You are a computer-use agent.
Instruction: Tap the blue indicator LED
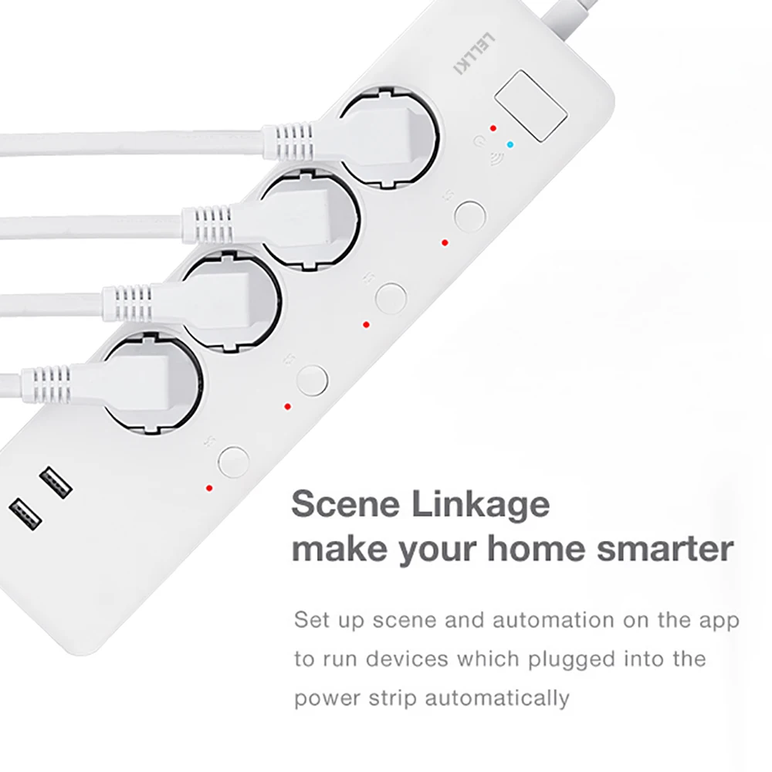(x=509, y=144)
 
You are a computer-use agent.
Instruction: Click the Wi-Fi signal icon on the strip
(x=490, y=160)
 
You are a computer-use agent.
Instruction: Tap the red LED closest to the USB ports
(x=208, y=488)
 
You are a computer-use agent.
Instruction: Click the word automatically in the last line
(x=497, y=698)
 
